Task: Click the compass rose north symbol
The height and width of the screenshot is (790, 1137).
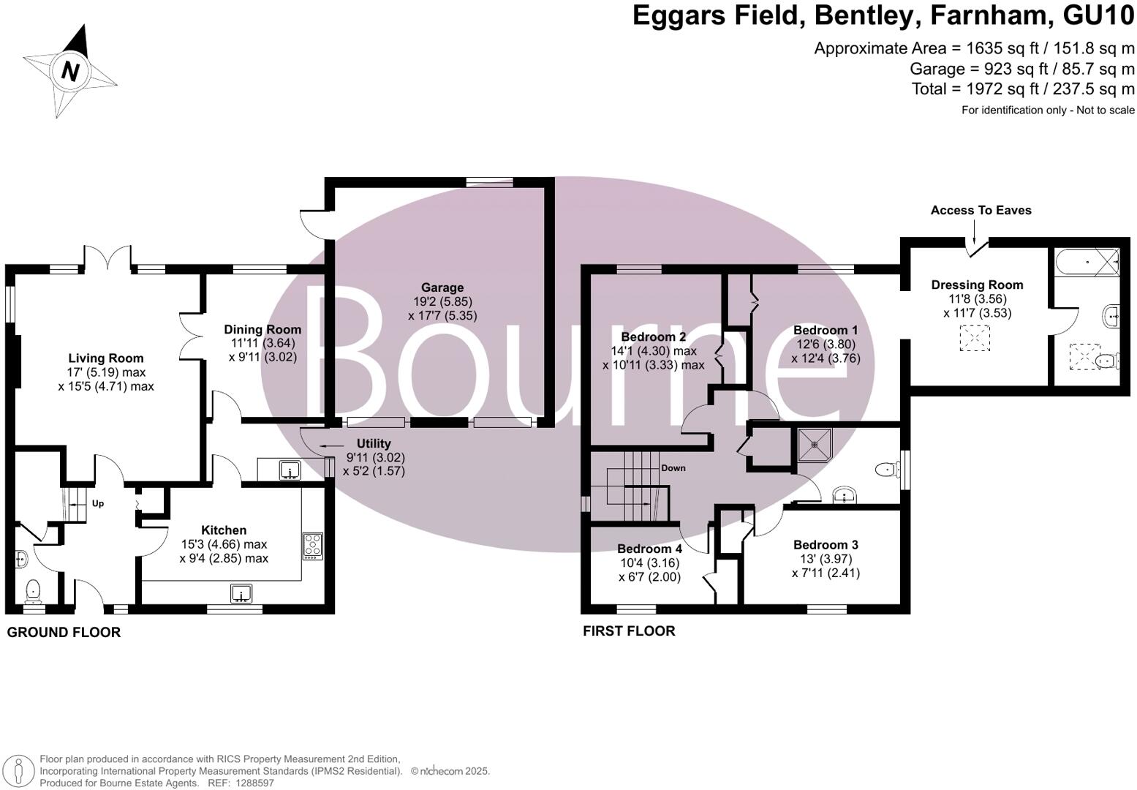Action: pyautogui.click(x=70, y=71)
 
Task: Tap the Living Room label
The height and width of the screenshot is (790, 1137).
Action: pyautogui.click(x=106, y=358)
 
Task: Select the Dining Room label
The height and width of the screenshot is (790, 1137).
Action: pyautogui.click(x=262, y=330)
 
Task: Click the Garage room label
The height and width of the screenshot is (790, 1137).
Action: pyautogui.click(x=442, y=287)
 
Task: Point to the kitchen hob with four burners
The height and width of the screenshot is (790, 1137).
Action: pyautogui.click(x=313, y=546)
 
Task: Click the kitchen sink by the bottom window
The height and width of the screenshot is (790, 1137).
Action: pyautogui.click(x=241, y=593)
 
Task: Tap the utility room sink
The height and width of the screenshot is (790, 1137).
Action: pyautogui.click(x=290, y=471)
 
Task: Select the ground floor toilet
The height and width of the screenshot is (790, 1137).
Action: pyautogui.click(x=32, y=589)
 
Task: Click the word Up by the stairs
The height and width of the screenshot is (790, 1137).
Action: pyautogui.click(x=98, y=503)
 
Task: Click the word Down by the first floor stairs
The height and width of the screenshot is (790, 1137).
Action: pyautogui.click(x=673, y=468)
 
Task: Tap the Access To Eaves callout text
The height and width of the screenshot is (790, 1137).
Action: pyautogui.click(x=981, y=211)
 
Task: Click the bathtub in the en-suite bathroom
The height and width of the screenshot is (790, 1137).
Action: pyautogui.click(x=1087, y=260)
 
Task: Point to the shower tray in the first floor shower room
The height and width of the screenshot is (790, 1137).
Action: pyautogui.click(x=814, y=443)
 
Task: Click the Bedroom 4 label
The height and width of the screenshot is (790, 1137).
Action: pyautogui.click(x=649, y=549)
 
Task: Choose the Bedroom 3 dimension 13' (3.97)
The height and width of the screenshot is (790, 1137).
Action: pyautogui.click(x=826, y=559)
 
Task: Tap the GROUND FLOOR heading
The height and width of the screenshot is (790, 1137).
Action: pyautogui.click(x=64, y=633)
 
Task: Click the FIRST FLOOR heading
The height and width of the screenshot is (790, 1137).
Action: pyautogui.click(x=629, y=631)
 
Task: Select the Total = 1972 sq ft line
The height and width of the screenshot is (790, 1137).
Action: pyautogui.click(x=1023, y=89)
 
